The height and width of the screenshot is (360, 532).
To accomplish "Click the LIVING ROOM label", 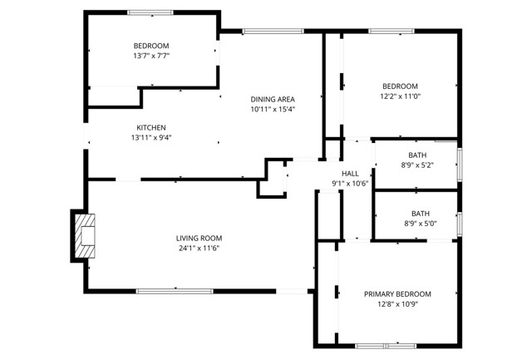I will click(x=199, y=237).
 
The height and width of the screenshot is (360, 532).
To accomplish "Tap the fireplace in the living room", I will click(x=84, y=235).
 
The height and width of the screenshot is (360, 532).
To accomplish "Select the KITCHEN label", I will click(x=151, y=127).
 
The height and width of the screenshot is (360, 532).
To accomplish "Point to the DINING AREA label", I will click(x=273, y=99).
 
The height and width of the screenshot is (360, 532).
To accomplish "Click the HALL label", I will click(x=349, y=173).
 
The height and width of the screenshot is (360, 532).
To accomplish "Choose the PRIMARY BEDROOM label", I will click(x=397, y=293).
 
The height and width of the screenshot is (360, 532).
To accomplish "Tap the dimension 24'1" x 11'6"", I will click(x=199, y=248).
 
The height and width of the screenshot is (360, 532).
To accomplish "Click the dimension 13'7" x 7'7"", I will click(x=151, y=56).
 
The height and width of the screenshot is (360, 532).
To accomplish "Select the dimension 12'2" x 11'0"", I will click(x=400, y=96).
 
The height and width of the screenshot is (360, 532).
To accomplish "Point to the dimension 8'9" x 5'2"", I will click(x=417, y=165).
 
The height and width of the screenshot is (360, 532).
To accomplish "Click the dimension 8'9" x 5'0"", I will click(x=417, y=223).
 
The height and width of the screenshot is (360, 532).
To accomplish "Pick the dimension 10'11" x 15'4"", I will click(x=273, y=109).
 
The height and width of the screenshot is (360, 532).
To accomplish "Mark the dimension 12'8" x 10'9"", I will click(x=397, y=303).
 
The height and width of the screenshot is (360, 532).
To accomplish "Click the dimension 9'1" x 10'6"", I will click(x=349, y=183).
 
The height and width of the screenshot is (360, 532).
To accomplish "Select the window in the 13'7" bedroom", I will click(x=150, y=12).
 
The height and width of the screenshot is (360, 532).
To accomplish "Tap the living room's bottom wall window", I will click(x=175, y=290).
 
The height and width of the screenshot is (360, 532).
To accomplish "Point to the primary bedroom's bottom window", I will click(x=385, y=344).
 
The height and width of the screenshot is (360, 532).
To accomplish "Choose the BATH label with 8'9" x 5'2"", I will click(x=418, y=155).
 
